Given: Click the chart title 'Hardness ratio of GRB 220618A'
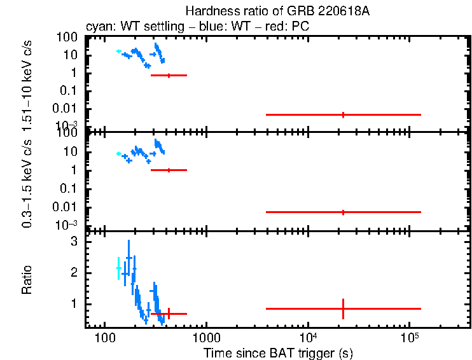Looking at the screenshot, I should pos(278,11).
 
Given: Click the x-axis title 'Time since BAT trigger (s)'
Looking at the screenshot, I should pos(278,352).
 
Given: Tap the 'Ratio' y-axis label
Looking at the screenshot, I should pos(27,279).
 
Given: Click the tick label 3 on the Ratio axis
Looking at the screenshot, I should pos(74,242).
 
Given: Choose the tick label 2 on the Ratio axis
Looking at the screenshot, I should pos(74,273).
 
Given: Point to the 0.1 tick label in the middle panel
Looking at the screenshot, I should pos(70,188).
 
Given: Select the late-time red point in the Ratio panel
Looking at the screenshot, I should pos(344,308).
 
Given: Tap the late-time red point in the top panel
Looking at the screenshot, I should pos(344,114).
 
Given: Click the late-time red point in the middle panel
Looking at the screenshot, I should pos(344,212).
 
